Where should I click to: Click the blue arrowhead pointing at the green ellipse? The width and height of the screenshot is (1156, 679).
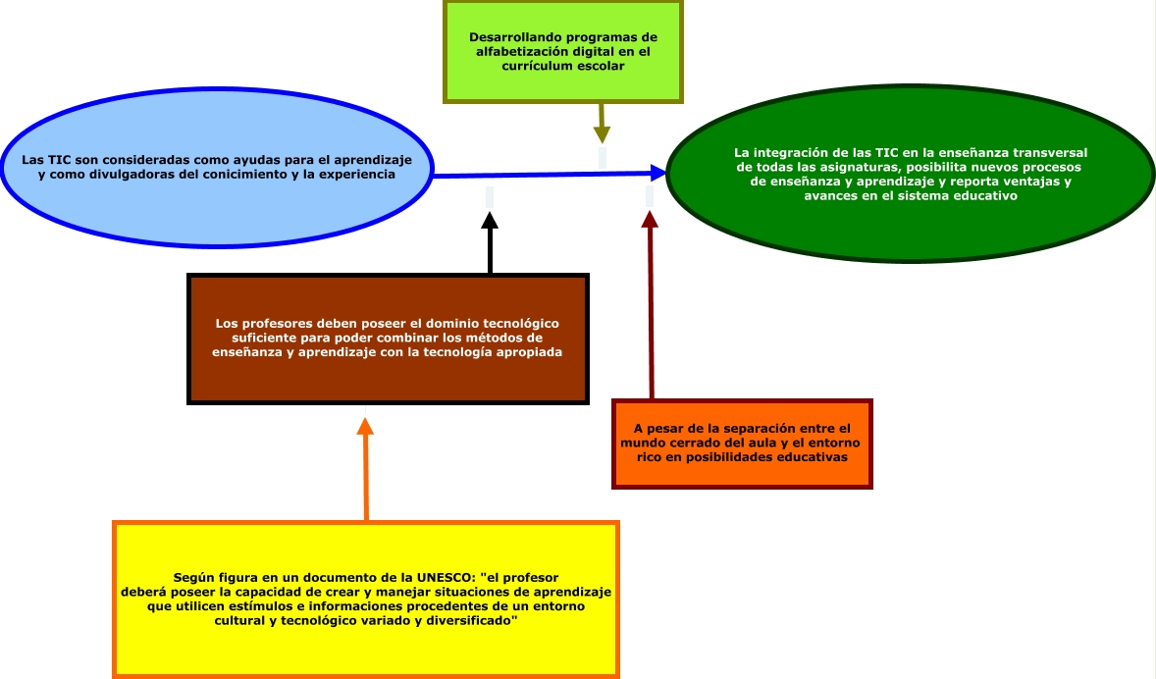pyautogui.click(x=657, y=174)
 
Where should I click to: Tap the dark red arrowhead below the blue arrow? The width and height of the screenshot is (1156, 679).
pyautogui.click(x=649, y=219)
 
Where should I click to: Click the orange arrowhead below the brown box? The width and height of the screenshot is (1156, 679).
pyautogui.click(x=365, y=426)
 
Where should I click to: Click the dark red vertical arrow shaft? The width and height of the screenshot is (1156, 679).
pyautogui.click(x=650, y=314)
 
